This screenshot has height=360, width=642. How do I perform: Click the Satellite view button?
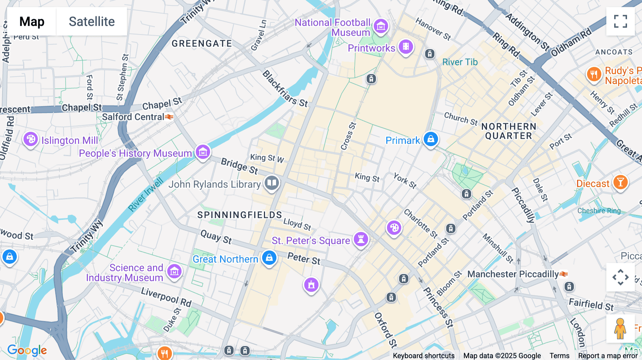[92, 21]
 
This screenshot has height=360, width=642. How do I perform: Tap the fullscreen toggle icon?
[620, 21]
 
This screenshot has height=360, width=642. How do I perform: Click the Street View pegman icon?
[620, 328]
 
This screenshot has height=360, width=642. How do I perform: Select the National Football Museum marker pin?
[381, 26]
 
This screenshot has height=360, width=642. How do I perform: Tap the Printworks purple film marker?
[406, 47]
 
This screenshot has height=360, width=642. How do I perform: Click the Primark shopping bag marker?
[430, 139]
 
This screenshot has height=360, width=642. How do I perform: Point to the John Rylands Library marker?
[272, 183]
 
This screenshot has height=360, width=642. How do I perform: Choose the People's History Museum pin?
[203, 153]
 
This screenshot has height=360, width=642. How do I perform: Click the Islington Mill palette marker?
[31, 139]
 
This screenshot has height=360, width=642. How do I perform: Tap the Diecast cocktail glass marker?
[620, 182]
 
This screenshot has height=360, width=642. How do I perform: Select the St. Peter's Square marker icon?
[361, 239]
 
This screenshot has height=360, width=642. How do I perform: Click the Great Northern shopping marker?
[269, 258]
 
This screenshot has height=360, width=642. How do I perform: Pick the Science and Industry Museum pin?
[174, 272]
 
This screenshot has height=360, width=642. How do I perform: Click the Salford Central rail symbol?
[169, 117]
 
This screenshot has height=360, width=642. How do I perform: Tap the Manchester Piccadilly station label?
[513, 274]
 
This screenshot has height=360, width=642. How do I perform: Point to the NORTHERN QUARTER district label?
[509, 131]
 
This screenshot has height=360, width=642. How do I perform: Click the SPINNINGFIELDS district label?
[240, 215]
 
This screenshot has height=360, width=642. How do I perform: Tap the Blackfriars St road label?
[285, 89]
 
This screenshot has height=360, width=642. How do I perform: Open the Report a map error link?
[608, 355]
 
